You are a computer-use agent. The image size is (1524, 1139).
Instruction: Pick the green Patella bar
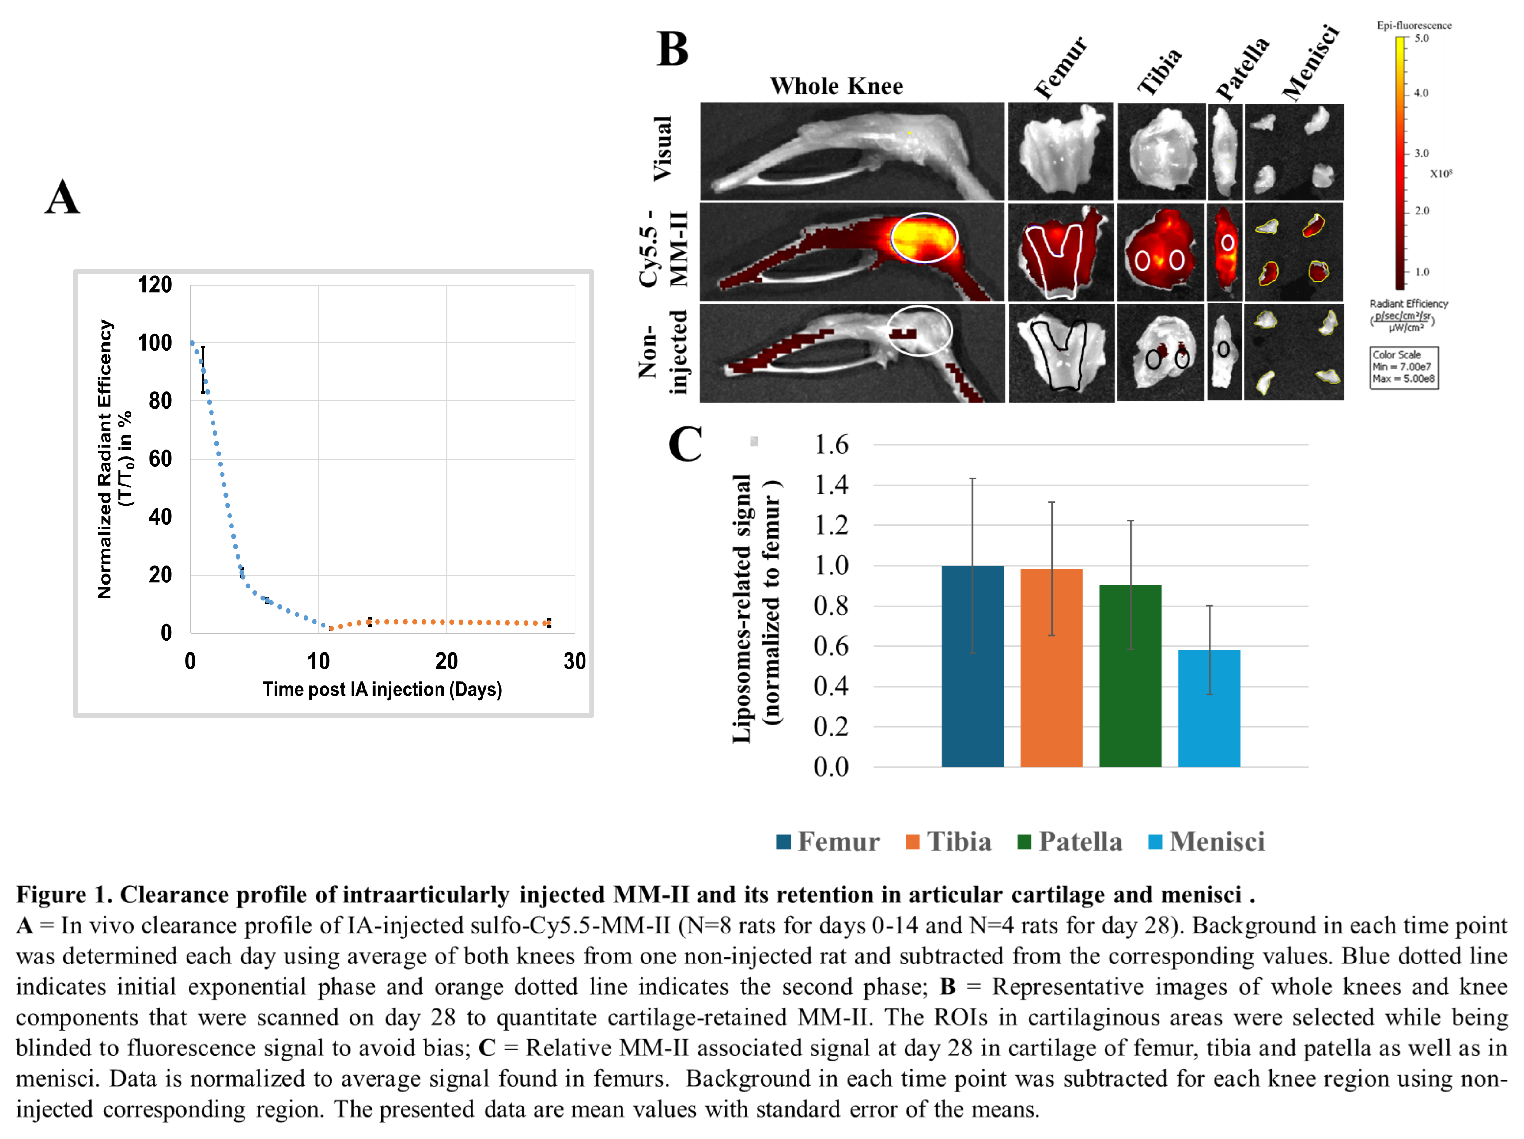click(1130, 675)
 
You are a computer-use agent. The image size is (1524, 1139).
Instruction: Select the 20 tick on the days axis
click(446, 661)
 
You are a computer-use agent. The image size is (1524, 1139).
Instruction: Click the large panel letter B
click(673, 50)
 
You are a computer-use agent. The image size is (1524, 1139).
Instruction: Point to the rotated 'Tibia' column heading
click(1159, 71)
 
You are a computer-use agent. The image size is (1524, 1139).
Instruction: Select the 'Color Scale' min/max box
click(1403, 367)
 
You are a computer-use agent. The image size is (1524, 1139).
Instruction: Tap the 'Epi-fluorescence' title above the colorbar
click(1414, 25)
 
